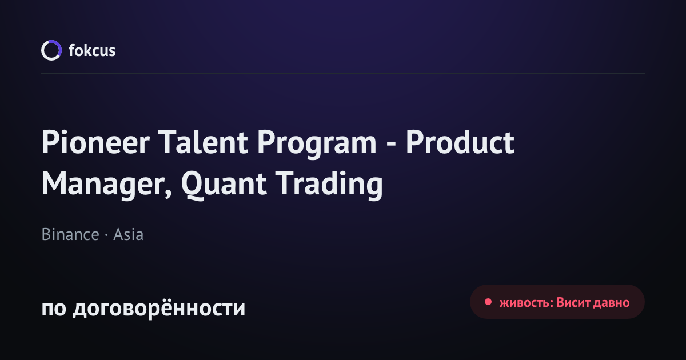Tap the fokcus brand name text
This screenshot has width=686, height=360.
[x=92, y=50]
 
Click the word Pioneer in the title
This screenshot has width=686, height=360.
[x=95, y=142]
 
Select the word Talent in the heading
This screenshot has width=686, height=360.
[x=203, y=142]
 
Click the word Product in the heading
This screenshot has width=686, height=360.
[x=460, y=142]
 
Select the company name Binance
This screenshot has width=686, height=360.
[x=70, y=234]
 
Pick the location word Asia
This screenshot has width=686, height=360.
[x=128, y=234]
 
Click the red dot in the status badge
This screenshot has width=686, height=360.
[x=488, y=302]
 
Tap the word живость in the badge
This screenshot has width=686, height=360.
[x=526, y=303]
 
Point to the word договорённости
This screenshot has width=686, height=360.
[x=159, y=309]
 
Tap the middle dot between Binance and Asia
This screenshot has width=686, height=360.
[x=106, y=235]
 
